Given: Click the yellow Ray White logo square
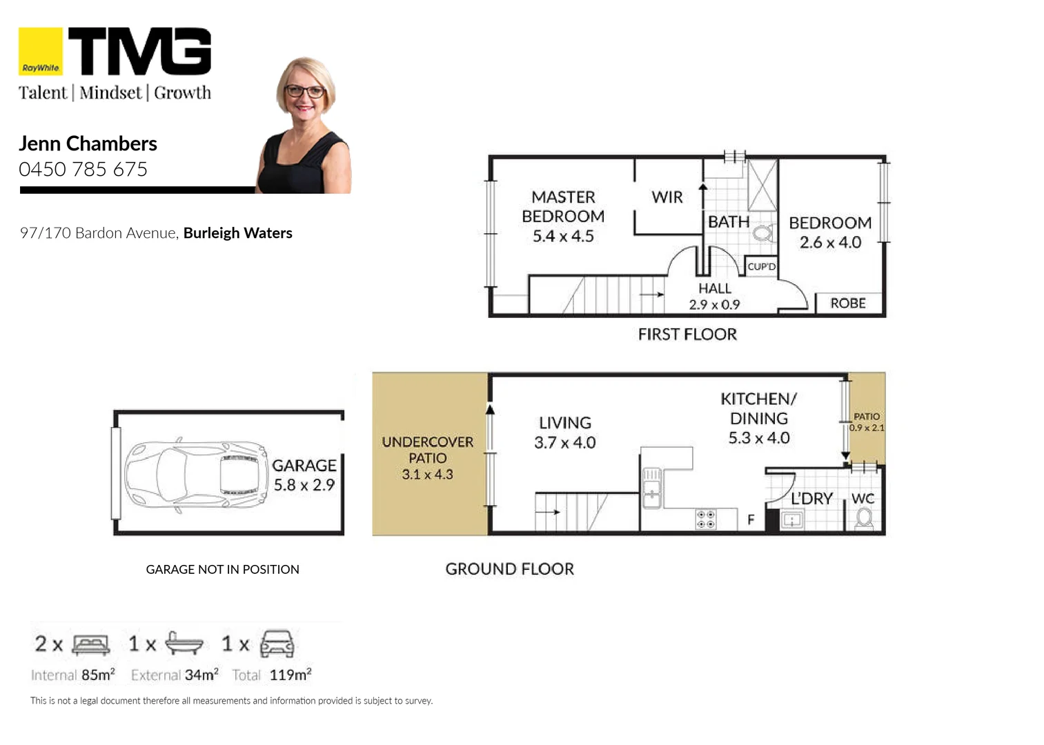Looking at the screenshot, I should coord(40,51).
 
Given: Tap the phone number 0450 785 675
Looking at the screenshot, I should coord(83,169).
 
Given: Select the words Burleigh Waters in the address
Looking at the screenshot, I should coord(237,233).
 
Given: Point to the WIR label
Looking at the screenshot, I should coord(667,197).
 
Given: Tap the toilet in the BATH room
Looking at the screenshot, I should coord(762,233).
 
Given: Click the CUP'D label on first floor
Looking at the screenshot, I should coord(761,266).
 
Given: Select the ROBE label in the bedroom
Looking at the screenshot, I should coord(847,304).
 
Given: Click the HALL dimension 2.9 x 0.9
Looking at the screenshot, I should coord(714,304).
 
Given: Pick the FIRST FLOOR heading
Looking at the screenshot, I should coord(687,335).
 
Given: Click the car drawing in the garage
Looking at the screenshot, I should coord(196,475).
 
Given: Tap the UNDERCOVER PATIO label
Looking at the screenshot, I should coord(427,450).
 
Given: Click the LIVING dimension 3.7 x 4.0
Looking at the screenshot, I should coord(564,443).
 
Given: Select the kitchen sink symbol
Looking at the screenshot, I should coord(651,488).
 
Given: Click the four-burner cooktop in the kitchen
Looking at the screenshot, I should coord(705,519).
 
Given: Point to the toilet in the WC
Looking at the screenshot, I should coord(864,517).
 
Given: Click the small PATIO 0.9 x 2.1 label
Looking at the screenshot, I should coord(867,422).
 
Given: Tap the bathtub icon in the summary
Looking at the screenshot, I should coord(184,644).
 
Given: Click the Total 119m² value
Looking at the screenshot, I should coord(290,675).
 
